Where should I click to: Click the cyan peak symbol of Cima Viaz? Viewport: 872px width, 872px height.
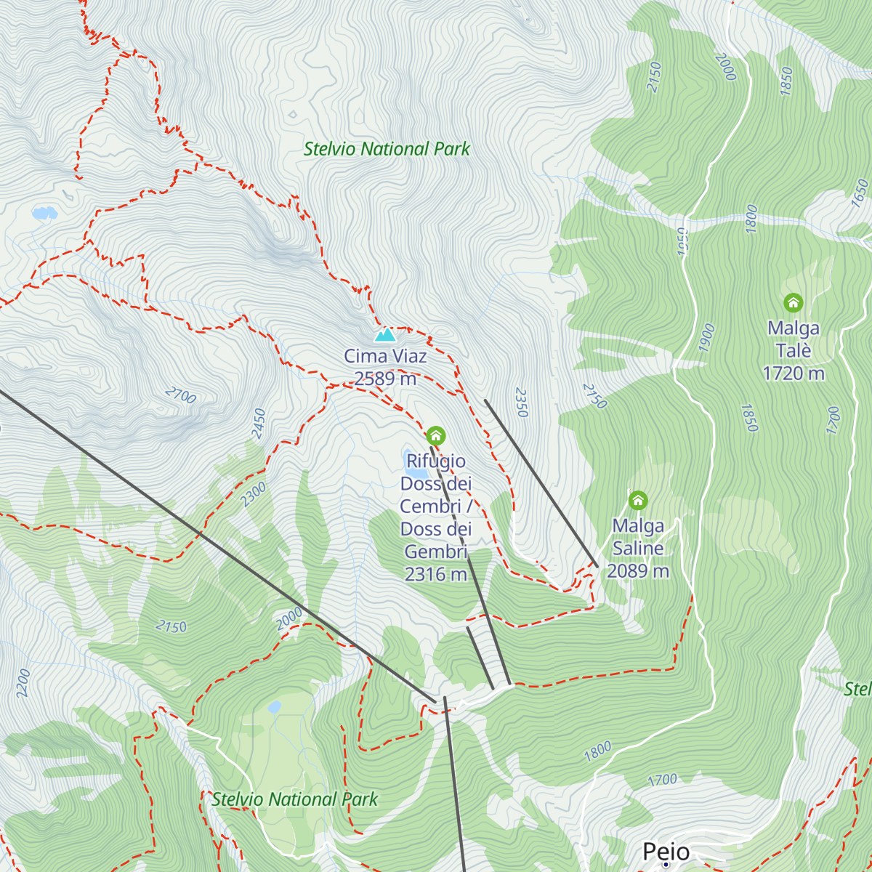coord(384,334)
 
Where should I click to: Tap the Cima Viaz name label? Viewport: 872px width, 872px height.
coord(385,356)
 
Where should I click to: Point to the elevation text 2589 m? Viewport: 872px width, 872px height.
coord(385,379)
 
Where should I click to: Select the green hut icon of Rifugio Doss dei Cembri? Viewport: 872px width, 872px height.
coord(435,436)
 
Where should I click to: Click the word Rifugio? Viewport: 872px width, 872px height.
coord(436,461)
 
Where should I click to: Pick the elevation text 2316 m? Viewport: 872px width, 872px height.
coord(436,574)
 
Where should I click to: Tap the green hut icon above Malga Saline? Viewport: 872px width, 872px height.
coord(638,500)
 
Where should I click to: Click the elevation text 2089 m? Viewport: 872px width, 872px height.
coord(638,571)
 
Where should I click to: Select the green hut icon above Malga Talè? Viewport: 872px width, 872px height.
coord(793,302)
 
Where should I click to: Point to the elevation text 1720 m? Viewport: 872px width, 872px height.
coord(794,374)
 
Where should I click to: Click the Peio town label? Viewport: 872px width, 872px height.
coord(666,851)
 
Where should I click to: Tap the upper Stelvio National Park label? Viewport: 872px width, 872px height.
coord(387,149)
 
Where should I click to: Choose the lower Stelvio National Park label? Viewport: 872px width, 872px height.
coord(294,799)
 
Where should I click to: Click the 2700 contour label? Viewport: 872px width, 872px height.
coord(180,395)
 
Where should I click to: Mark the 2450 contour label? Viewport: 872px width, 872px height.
coord(259,424)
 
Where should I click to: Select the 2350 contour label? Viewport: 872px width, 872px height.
coord(521,402)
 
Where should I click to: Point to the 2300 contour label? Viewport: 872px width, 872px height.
coord(253,494)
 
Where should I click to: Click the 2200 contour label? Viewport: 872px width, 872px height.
coord(23,683)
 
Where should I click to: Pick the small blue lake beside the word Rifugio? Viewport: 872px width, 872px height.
coord(408,456)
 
